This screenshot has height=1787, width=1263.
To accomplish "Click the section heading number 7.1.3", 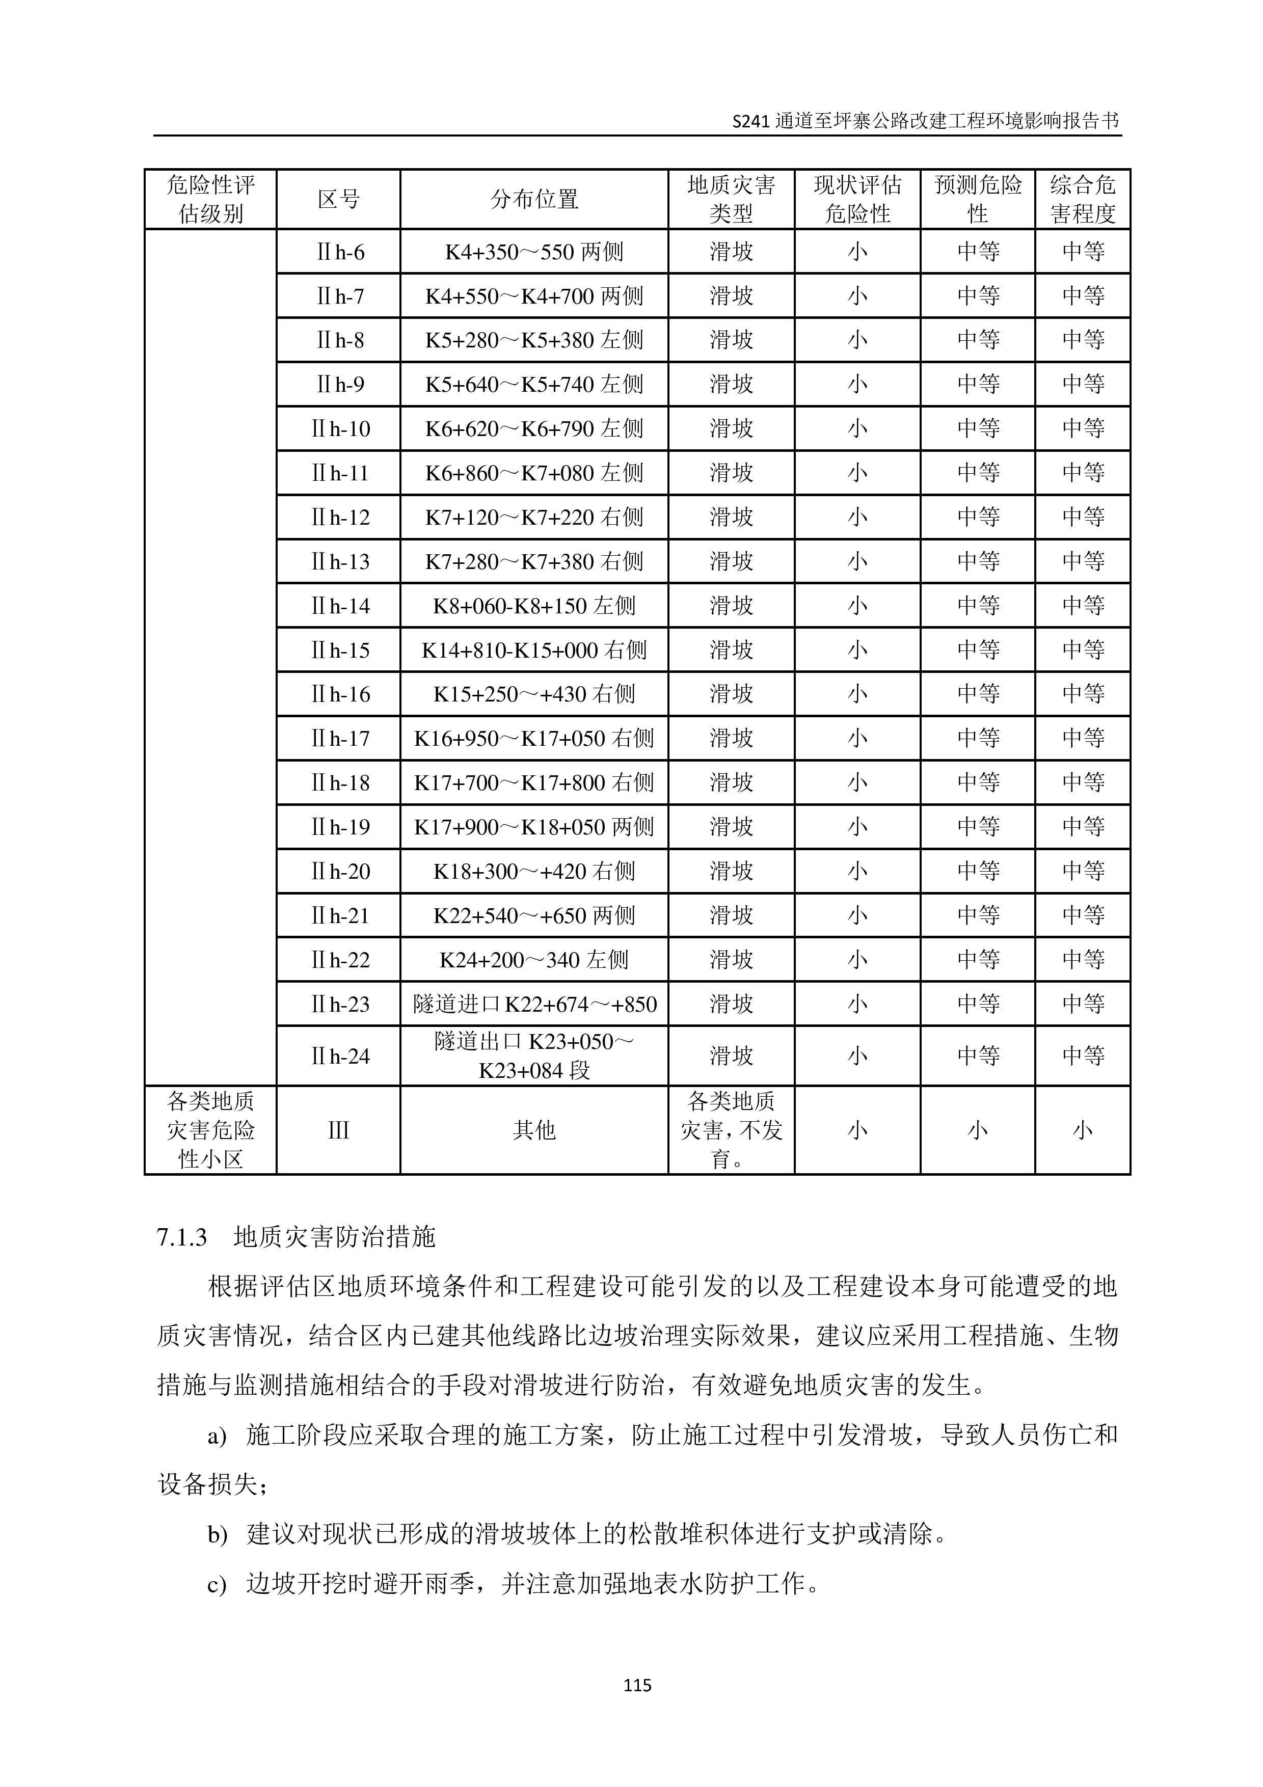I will point(182,1237).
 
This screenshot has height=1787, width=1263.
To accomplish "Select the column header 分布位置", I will point(534,199).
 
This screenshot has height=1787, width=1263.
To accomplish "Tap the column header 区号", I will point(338,199).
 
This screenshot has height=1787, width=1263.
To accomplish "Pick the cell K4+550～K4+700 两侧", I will point(534,296).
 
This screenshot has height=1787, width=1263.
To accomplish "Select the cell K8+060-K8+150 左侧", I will point(534,606).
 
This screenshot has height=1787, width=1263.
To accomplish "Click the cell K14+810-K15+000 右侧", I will point(534,650).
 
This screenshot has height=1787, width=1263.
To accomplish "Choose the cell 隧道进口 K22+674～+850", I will point(534,1004).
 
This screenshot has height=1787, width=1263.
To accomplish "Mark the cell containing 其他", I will point(534,1130).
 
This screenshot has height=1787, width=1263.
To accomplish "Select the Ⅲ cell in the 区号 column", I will point(338,1130).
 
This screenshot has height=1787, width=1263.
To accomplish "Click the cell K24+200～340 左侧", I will point(534,960).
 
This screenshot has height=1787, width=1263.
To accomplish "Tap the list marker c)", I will point(217,1584).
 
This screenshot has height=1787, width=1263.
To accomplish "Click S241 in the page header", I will point(751,121).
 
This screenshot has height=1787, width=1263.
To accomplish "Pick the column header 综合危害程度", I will point(1083,199).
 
